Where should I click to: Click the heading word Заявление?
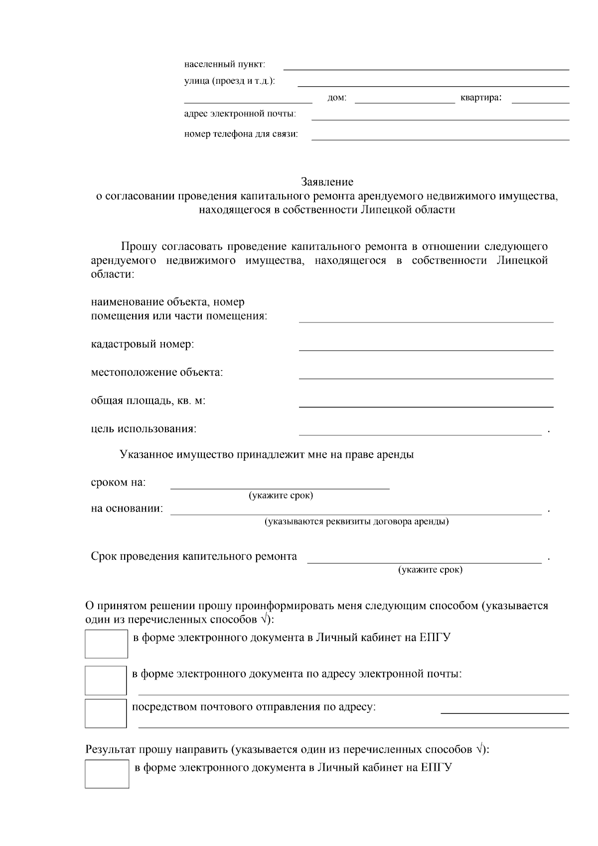tap(327, 182)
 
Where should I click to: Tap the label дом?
tap(336, 99)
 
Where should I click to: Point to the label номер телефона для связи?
tap(241, 135)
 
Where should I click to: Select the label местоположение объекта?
tap(157, 373)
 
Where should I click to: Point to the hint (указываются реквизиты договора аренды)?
tap(356, 522)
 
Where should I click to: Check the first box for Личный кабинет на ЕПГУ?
tap(106, 644)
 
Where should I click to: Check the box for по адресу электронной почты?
tap(105, 680)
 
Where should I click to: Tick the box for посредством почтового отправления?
tap(105, 713)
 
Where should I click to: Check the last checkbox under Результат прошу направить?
tap(107, 774)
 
